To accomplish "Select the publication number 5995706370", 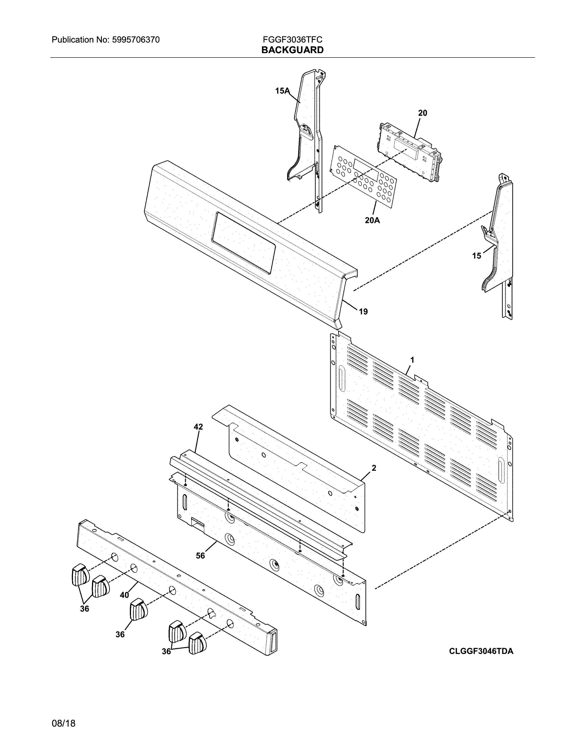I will pos(136,40).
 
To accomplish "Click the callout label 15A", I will pos(282,91).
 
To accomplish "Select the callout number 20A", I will pos(372,220).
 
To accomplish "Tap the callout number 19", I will pos(363,312).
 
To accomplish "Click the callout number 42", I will pos(198,427).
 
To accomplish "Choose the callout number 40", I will pos(124,595).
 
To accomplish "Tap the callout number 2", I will pos(373,468).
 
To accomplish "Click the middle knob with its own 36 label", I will pos(139,610).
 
